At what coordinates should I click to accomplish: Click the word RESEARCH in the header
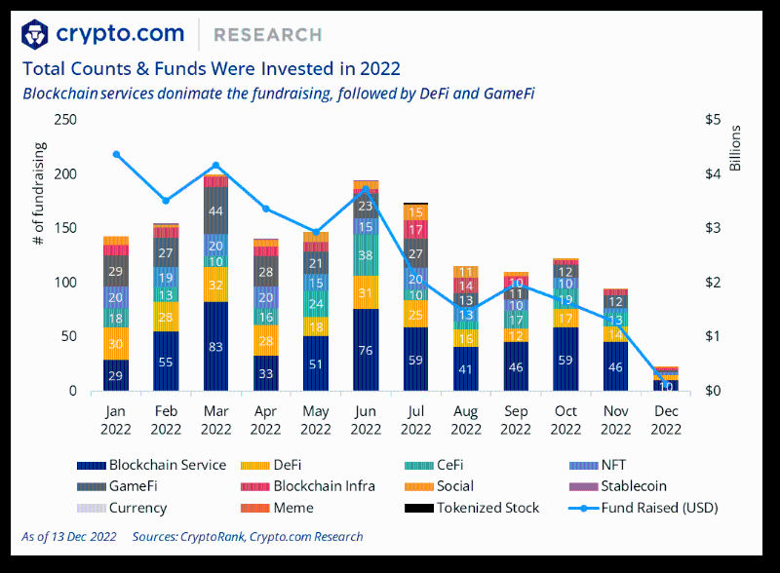(x=267, y=35)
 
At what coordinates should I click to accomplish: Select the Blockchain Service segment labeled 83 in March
(x=215, y=346)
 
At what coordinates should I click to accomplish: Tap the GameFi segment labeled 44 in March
(x=215, y=210)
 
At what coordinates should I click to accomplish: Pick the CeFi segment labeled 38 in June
(x=366, y=255)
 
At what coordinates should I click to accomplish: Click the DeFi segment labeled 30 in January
(x=116, y=344)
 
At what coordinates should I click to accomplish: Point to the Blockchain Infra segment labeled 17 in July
(x=415, y=230)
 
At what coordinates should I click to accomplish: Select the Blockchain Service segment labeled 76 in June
(x=366, y=350)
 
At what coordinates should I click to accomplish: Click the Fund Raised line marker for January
(x=116, y=154)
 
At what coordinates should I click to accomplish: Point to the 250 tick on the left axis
(x=67, y=120)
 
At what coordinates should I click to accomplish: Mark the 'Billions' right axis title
(x=736, y=148)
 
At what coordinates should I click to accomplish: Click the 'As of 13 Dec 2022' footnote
(x=69, y=537)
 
